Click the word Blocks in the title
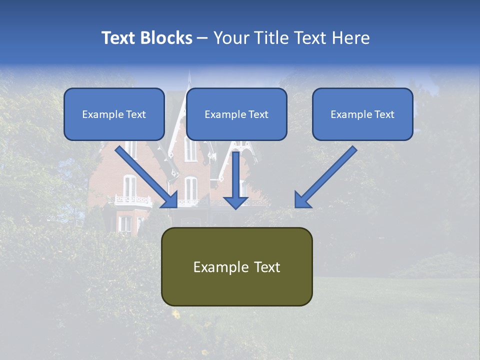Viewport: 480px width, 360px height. pos(167,38)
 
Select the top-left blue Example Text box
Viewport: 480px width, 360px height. pos(114,114)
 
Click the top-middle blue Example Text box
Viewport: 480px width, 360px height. pos(236,114)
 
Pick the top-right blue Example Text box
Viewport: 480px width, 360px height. pos(362,114)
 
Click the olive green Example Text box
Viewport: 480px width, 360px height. pos(236,266)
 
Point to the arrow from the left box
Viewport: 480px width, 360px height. pos(145,175)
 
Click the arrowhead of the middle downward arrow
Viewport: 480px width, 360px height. pos(235,201)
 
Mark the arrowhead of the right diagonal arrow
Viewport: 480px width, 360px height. pos(302,199)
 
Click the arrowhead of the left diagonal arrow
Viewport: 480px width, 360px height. pos(169,199)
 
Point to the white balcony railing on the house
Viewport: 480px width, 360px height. pos(133,201)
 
